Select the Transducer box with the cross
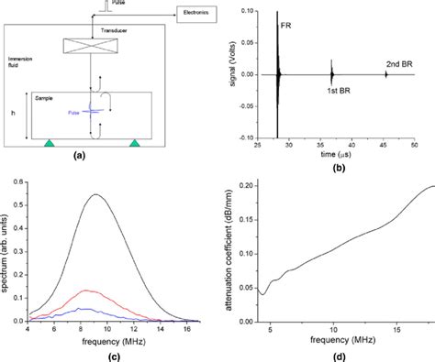pyautogui.click(x=92, y=45)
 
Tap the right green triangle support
pyautogui.click(x=136, y=143)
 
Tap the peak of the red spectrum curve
pyautogui.click(x=87, y=291)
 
